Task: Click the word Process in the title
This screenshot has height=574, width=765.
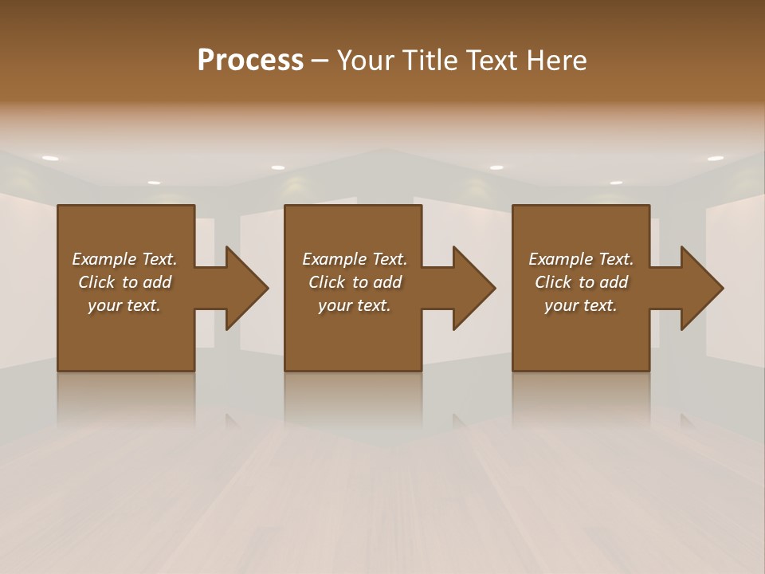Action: point(250,61)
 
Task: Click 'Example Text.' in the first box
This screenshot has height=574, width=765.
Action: point(124,259)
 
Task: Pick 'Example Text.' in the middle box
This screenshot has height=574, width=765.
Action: point(355,259)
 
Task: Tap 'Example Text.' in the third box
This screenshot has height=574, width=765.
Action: point(581,259)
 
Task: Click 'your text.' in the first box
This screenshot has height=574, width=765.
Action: point(124,305)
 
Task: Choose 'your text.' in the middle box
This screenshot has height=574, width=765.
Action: point(355,305)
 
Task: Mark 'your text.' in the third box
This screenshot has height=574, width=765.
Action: point(581,305)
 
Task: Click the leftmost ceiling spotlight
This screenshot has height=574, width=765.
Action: point(50,159)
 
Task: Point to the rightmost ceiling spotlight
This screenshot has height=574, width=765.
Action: point(715,159)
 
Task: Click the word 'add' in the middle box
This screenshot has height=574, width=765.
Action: point(387,282)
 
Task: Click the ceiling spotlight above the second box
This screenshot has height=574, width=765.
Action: point(278,167)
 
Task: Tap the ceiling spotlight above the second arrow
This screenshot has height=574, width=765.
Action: point(496,167)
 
